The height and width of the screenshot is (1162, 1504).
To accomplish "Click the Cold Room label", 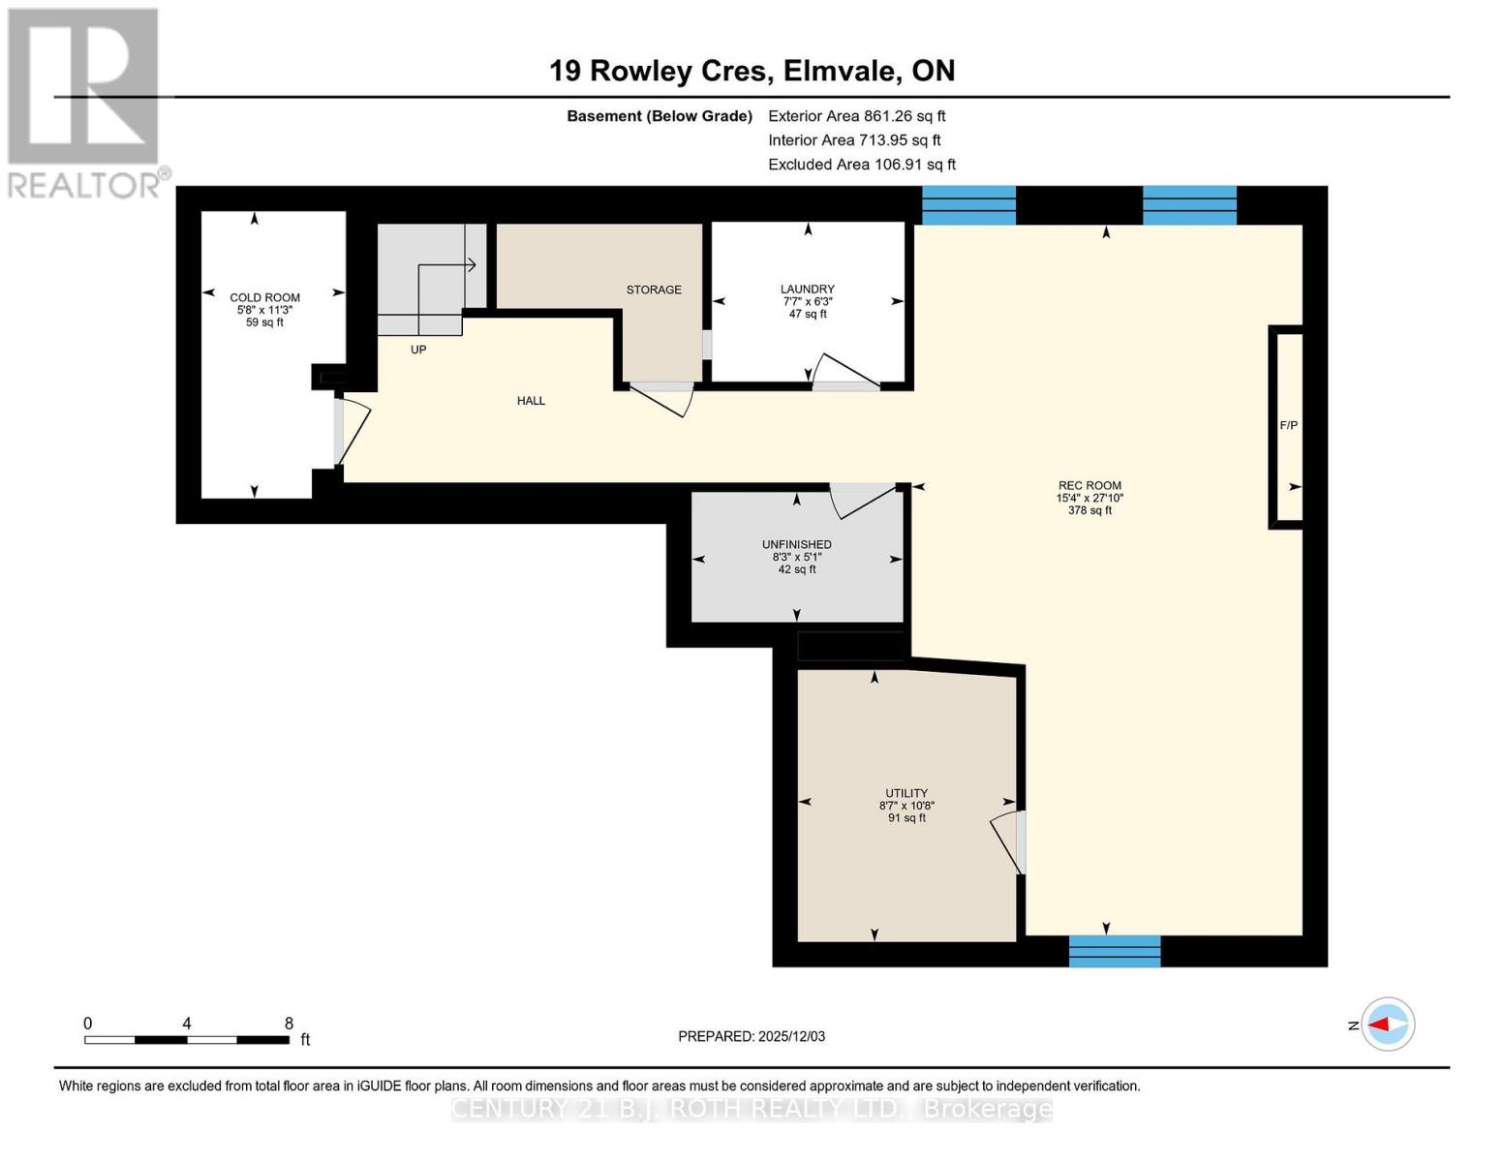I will coord(264,297).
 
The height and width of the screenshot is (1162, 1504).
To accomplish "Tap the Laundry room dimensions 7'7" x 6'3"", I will coord(808,301).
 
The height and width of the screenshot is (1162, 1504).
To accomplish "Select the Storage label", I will coord(654,290).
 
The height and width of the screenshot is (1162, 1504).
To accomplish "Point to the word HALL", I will coord(531,401).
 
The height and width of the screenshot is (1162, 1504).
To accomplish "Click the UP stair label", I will coord(418,350).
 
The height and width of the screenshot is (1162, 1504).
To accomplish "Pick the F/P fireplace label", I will coord(1288,425).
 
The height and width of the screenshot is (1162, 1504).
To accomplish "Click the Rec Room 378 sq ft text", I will coord(1090,510).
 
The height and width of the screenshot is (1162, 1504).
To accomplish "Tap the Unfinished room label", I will coord(796,544).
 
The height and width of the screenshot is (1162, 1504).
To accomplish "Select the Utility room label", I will coord(906,793).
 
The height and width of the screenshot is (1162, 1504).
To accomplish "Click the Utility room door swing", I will coord(1007,839).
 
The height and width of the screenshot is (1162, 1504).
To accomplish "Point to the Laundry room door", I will coord(843,373).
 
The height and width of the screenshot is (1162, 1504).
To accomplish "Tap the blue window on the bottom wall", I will coord(1114,951).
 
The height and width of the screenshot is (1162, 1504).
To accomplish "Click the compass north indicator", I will coord(1387,1024).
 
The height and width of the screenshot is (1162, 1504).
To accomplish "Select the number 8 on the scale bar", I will coord(289,1024).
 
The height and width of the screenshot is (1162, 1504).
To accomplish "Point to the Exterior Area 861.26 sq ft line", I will coord(856,116).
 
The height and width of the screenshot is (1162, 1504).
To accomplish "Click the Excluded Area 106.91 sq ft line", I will coord(861,165).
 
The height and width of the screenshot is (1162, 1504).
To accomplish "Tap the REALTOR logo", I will coord(85,102).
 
